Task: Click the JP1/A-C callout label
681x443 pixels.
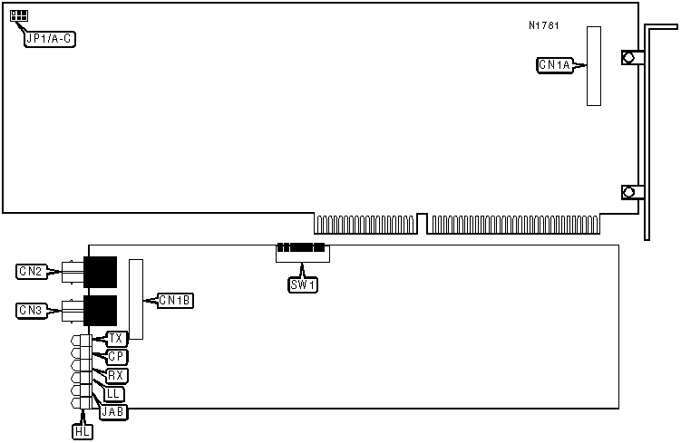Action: point(51,39)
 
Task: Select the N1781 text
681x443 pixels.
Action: point(544,25)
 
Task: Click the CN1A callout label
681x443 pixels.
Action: point(555,65)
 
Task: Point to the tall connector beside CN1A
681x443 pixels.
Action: point(593,65)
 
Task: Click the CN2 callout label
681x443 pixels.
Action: point(30,271)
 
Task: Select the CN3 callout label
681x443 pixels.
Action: point(30,311)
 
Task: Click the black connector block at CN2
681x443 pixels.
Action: point(101,269)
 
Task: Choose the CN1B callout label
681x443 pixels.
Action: point(174,300)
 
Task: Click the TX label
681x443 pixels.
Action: point(116,339)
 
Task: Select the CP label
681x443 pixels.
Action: point(116,357)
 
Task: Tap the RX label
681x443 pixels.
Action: point(116,375)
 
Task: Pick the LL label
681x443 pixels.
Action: point(113,394)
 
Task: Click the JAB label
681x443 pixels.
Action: point(114,412)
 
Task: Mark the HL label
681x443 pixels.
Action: point(82,432)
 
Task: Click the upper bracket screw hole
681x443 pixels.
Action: point(627,57)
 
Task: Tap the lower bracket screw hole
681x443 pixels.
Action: point(627,192)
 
